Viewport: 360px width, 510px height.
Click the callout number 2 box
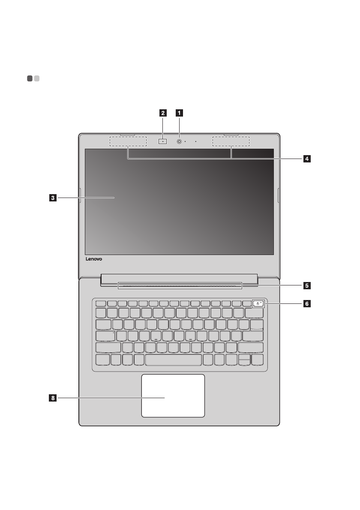tap(163, 113)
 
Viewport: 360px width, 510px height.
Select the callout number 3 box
tap(52, 198)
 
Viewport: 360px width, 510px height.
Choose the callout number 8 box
tap(52, 398)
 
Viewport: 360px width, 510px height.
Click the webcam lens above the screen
tap(179, 141)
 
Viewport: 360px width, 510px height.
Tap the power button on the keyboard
tap(258, 304)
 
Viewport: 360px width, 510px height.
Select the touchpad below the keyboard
tap(173, 395)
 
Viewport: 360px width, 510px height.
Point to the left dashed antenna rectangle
tap(128, 141)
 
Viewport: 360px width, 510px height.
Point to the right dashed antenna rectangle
tap(231, 141)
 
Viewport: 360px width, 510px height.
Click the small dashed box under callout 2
tap(163, 141)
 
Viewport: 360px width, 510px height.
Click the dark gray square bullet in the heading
tap(29, 78)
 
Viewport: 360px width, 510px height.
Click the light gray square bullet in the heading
tap(37, 78)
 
